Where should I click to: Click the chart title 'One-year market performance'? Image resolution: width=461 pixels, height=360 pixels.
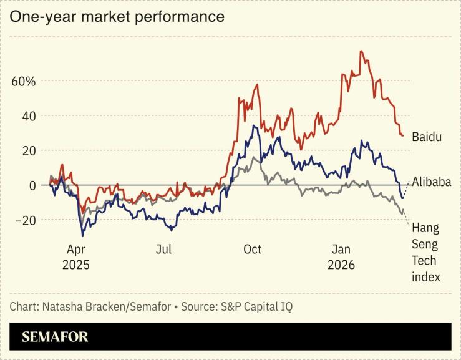tap(117, 17)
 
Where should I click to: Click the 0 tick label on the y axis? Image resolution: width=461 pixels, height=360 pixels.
tap(33, 185)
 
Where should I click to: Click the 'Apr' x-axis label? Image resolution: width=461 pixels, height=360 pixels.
tap(76, 250)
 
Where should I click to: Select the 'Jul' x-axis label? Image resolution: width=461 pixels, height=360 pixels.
tap(163, 250)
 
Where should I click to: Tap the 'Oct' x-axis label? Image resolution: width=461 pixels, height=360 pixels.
tap(252, 250)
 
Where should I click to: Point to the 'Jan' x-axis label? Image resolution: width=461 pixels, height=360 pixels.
tap(341, 250)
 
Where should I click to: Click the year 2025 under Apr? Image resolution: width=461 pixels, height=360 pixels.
tap(76, 265)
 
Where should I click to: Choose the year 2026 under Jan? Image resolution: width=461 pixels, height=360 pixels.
tap(341, 265)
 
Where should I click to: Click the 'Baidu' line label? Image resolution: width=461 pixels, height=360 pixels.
tap(427, 137)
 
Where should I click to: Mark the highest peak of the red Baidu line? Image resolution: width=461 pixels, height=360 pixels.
tap(361, 51)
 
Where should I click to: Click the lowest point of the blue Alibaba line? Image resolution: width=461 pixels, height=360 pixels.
tap(83, 236)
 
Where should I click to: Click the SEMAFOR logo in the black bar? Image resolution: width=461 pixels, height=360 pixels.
tap(55, 337)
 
